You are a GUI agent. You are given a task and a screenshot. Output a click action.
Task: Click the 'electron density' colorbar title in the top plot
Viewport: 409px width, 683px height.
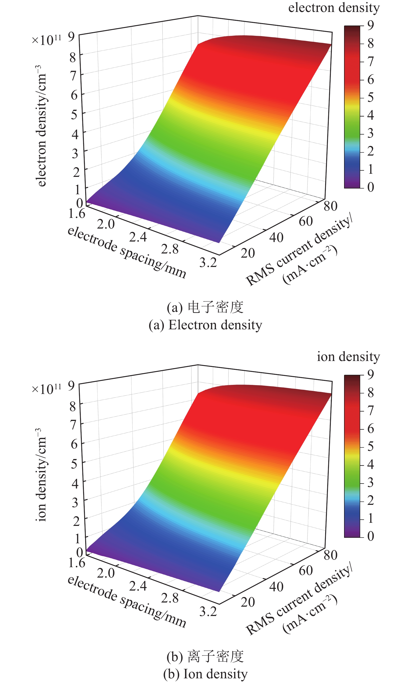[334, 8]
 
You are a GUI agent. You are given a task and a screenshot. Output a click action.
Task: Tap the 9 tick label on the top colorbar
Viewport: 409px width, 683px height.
[371, 25]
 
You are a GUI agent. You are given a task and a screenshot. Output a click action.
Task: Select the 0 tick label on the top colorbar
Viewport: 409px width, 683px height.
[371, 187]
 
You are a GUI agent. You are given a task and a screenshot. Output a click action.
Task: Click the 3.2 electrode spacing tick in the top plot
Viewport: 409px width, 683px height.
[208, 262]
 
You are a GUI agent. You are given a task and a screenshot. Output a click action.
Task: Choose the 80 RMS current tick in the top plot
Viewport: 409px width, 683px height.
[331, 206]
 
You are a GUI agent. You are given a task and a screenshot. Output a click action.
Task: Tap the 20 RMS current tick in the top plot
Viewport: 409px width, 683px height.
[247, 253]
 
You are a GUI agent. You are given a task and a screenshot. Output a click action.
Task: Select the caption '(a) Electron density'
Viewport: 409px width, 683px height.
[205, 325]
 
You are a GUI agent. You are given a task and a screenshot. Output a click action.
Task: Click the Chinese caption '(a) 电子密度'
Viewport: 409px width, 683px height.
[205, 307]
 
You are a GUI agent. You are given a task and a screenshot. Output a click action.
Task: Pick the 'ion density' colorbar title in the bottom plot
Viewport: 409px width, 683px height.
[348, 357]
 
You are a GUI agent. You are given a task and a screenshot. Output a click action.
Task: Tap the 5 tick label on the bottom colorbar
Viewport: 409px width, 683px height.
[371, 446]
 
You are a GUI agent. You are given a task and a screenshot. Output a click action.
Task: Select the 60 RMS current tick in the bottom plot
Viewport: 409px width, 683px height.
[306, 571]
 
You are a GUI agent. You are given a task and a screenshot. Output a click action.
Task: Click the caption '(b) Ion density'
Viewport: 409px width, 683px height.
[205, 674]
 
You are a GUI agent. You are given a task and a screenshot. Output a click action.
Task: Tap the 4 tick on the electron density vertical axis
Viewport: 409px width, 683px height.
[75, 135]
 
